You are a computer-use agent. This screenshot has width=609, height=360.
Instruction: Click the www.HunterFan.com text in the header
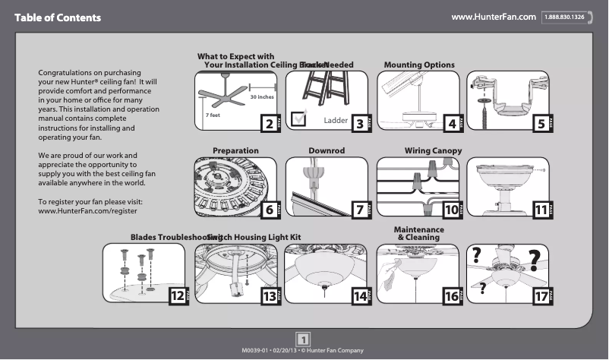click(494, 17)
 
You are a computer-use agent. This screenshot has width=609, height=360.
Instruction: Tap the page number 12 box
click(177, 297)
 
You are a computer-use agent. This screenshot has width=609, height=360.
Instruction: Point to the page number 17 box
click(541, 297)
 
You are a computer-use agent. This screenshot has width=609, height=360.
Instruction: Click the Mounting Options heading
click(419, 65)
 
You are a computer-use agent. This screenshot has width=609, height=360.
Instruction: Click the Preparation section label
click(235, 151)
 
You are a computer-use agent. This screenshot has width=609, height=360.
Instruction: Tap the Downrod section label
click(327, 151)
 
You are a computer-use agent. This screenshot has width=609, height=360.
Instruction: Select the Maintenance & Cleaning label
click(418, 234)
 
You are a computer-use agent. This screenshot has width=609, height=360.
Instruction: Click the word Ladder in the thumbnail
click(335, 121)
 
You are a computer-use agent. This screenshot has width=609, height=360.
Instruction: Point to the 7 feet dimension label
click(213, 114)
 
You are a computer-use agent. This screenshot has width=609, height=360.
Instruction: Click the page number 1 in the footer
click(303, 339)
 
